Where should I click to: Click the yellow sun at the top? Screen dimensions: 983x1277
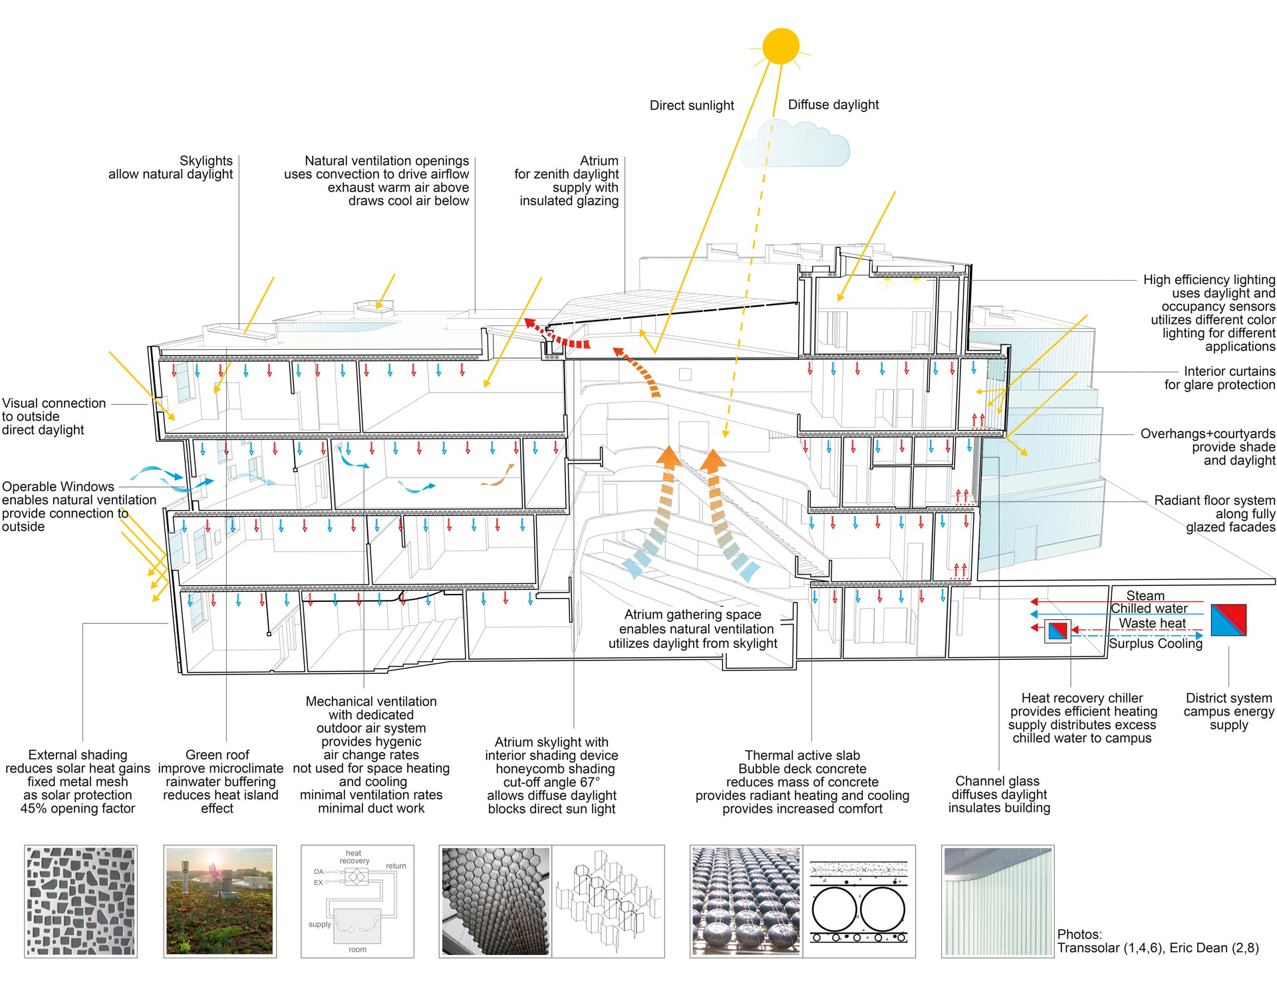(781, 46)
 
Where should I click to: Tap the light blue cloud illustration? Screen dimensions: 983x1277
(795, 144)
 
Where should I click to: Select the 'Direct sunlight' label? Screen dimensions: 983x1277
(692, 105)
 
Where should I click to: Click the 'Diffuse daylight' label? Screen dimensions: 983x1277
(833, 104)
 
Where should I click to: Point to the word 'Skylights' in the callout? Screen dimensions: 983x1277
(206, 161)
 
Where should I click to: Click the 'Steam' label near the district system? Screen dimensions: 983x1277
(1145, 595)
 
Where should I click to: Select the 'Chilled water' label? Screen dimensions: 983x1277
(1149, 609)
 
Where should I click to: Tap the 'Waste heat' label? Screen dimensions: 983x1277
(1152, 623)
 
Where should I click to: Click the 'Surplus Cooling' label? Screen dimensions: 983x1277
(1155, 644)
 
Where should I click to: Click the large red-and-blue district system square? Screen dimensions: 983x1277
(1228, 621)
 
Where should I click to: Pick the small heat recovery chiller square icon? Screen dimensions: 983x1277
(1058, 631)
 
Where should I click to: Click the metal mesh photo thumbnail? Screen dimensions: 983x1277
(81, 901)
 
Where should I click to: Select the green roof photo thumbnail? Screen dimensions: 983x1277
(219, 901)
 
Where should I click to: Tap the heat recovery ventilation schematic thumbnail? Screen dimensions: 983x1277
(358, 901)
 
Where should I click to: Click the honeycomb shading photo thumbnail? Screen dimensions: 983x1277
(496, 901)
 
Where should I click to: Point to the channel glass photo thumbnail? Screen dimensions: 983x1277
(998, 901)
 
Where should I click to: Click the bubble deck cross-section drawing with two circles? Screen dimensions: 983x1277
(859, 901)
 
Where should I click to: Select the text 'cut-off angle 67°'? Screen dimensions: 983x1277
(551, 782)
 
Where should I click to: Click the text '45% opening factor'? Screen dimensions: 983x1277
(78, 809)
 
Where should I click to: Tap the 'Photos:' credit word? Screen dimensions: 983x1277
(1079, 934)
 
